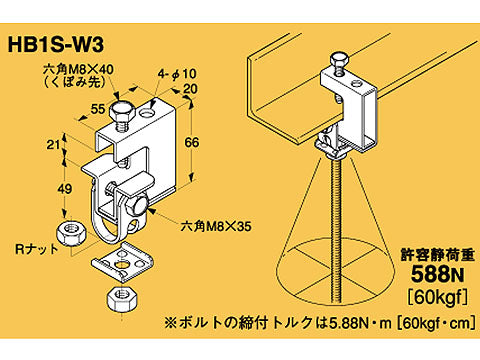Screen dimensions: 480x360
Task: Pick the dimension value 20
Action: pyautogui.click(x=190, y=89)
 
